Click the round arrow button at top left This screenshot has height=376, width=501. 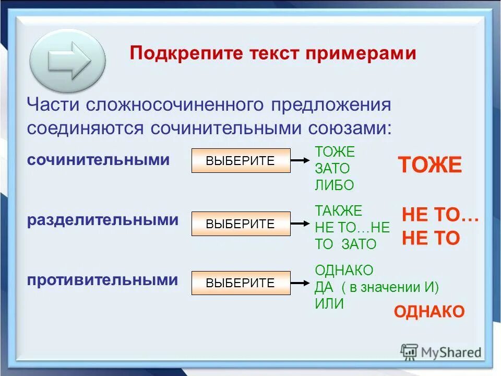[x=68, y=61]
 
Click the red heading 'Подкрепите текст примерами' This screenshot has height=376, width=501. [x=273, y=53]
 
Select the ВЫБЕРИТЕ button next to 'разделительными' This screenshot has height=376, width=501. [x=240, y=224]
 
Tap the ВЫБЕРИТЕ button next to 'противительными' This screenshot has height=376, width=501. [x=240, y=283]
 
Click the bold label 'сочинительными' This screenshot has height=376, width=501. [x=99, y=160]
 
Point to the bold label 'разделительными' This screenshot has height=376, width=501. [x=103, y=220]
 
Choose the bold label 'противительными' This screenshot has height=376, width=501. [x=103, y=280]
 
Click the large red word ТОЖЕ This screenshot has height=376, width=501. [x=430, y=165]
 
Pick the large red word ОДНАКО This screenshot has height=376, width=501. [x=429, y=312]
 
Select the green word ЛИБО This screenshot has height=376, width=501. [x=335, y=185]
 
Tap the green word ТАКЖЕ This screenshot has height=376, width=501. [x=338, y=211]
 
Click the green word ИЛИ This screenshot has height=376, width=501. [x=329, y=304]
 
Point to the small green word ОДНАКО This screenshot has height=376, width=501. [x=344, y=271]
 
